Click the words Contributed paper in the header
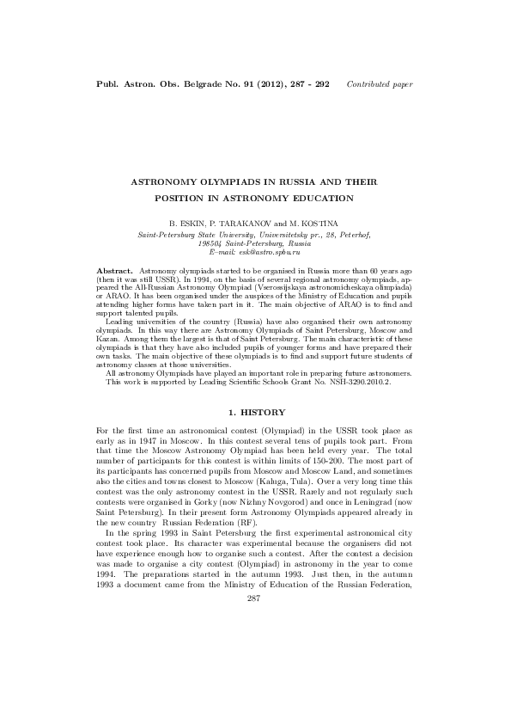pyautogui.click(x=379, y=84)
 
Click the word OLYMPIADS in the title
pyautogui.click(x=218, y=182)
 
